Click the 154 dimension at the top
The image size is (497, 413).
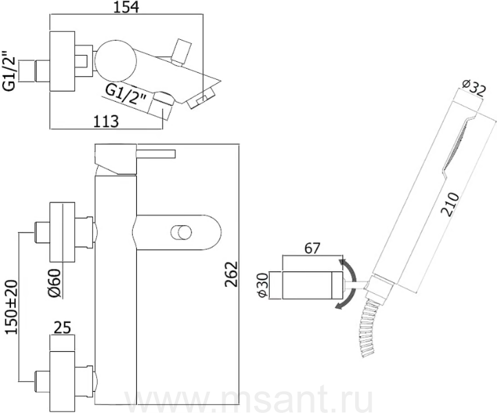(126, 7)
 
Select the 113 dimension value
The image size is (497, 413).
(106, 121)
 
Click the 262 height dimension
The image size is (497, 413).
(231, 274)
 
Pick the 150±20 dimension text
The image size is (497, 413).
(12, 307)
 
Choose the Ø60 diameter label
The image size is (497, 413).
(54, 283)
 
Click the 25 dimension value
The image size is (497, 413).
(63, 328)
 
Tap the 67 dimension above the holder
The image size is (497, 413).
(313, 248)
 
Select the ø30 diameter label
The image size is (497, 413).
(263, 285)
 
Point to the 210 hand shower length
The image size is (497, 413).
(451, 204)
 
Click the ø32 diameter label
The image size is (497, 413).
(474, 88)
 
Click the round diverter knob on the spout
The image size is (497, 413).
(181, 233)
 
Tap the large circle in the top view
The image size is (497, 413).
(116, 60)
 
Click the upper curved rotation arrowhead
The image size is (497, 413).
(341, 263)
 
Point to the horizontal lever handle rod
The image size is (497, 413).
(156, 153)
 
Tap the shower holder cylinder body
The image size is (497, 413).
(313, 285)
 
